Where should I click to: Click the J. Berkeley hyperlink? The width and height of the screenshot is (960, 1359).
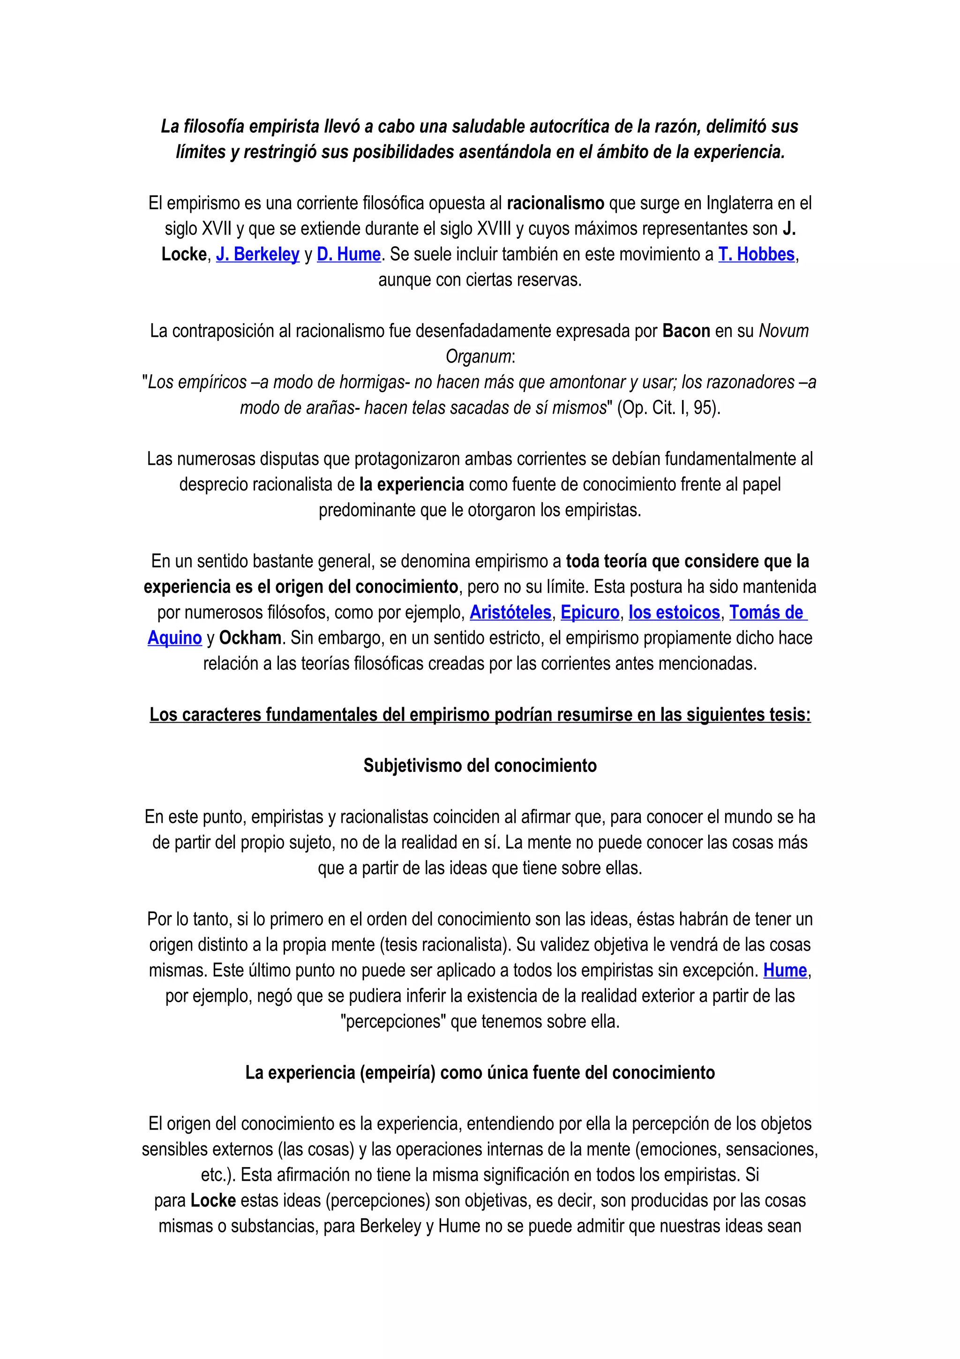pyautogui.click(x=257, y=255)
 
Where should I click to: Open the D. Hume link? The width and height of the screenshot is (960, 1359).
pyautogui.click(x=348, y=255)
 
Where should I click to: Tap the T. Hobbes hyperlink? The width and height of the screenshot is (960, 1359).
pyautogui.click(x=756, y=255)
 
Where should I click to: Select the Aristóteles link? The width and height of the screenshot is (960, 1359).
pyautogui.click(x=510, y=612)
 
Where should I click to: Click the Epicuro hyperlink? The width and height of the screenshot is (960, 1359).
pyautogui.click(x=590, y=612)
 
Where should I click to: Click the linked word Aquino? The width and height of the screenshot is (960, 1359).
pyautogui.click(x=174, y=638)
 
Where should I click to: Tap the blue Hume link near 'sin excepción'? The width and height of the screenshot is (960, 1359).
pyautogui.click(x=785, y=971)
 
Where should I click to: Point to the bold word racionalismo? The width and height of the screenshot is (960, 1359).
pyautogui.click(x=555, y=204)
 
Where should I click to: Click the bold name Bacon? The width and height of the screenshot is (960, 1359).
pyautogui.click(x=686, y=332)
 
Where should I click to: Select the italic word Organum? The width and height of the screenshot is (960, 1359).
pyautogui.click(x=478, y=357)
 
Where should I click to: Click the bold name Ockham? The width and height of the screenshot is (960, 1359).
pyautogui.click(x=250, y=638)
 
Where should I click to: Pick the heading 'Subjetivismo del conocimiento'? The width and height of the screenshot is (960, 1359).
pyautogui.click(x=480, y=766)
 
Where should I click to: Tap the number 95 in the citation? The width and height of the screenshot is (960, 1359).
pyautogui.click(x=703, y=408)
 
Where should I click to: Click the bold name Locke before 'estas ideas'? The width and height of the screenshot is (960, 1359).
pyautogui.click(x=213, y=1201)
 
